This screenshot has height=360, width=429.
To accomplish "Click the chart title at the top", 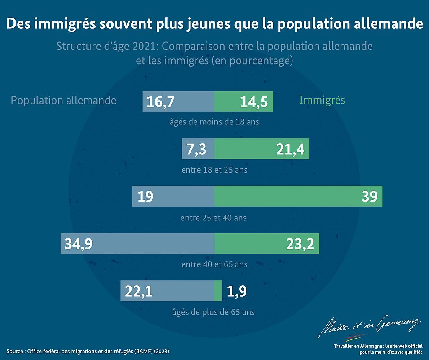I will pyautogui.click(x=214, y=24).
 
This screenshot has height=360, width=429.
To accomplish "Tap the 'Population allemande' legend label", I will pyautogui.click(x=63, y=101).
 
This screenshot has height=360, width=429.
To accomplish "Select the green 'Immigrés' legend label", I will pyautogui.click(x=322, y=101).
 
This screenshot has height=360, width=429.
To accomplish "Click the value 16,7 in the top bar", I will pyautogui.click(x=160, y=102).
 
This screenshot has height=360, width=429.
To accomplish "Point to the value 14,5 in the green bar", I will pyautogui.click(x=254, y=102).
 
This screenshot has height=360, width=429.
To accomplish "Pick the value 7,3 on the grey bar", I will pyautogui.click(x=196, y=149).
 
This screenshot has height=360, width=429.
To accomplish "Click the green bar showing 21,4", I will pyautogui.click(x=262, y=149).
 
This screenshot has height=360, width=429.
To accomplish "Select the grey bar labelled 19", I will pyautogui.click(x=173, y=196).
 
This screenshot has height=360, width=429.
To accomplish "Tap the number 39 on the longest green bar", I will pyautogui.click(x=370, y=196).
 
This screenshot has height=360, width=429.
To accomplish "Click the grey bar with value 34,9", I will pyautogui.click(x=137, y=243).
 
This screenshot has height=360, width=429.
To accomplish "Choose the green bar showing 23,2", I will pyautogui.click(x=267, y=243).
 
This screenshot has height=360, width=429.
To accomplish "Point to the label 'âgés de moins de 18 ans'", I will pyautogui.click(x=214, y=122).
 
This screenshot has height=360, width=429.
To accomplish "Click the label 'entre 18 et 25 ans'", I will pyautogui.click(x=214, y=170).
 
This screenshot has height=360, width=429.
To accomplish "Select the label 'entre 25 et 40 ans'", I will pyautogui.click(x=213, y=218).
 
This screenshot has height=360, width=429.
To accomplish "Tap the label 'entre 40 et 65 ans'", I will pyautogui.click(x=214, y=264).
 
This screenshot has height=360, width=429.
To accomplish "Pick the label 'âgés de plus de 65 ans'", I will pyautogui.click(x=213, y=312).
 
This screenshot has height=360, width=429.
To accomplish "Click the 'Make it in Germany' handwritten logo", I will pyautogui.click(x=369, y=326).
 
